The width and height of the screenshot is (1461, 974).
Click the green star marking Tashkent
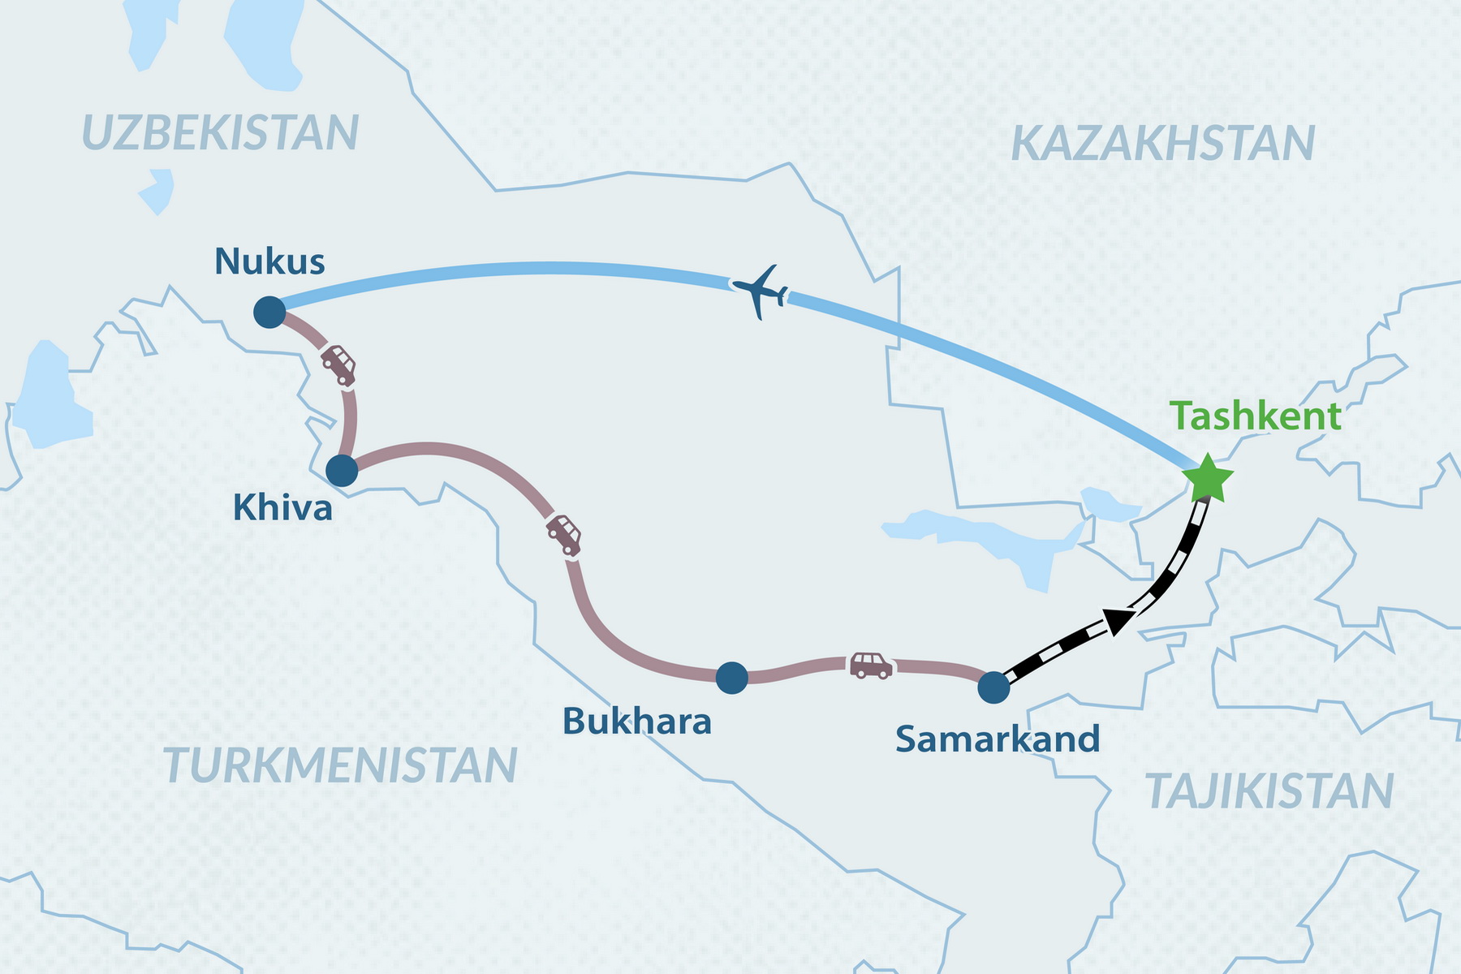pyautogui.click(x=1208, y=479)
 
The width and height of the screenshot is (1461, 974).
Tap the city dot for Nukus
pyautogui.click(x=269, y=312)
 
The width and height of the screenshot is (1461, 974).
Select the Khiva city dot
pyautogui.click(x=342, y=470)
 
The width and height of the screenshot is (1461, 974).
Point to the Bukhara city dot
pyautogui.click(x=731, y=677)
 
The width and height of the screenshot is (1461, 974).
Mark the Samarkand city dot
pyautogui.click(x=993, y=687)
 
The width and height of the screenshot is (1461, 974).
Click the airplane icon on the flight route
pyautogui.click(x=760, y=291)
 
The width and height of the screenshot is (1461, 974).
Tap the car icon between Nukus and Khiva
pyautogui.click(x=339, y=364)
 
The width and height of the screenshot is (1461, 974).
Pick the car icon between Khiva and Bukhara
pyautogui.click(x=564, y=535)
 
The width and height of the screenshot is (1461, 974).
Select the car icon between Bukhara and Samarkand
pyautogui.click(x=871, y=665)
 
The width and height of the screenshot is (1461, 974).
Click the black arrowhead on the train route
pyautogui.click(x=1118, y=621)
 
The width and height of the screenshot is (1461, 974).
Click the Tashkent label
pyautogui.click(x=1255, y=416)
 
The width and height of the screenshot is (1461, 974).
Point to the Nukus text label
pyautogui.click(x=269, y=261)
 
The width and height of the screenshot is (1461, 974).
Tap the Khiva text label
pyautogui.click(x=282, y=508)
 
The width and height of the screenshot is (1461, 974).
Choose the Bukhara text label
pyautogui.click(x=636, y=721)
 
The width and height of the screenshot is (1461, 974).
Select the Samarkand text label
pyautogui.click(x=998, y=739)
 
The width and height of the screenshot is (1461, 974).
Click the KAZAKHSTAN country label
pyautogui.click(x=1162, y=144)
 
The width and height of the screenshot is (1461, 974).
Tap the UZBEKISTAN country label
pyautogui.click(x=220, y=133)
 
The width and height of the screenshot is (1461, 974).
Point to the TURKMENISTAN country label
pyautogui.click(x=340, y=765)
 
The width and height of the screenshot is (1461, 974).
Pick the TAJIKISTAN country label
pyautogui.click(x=1269, y=791)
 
